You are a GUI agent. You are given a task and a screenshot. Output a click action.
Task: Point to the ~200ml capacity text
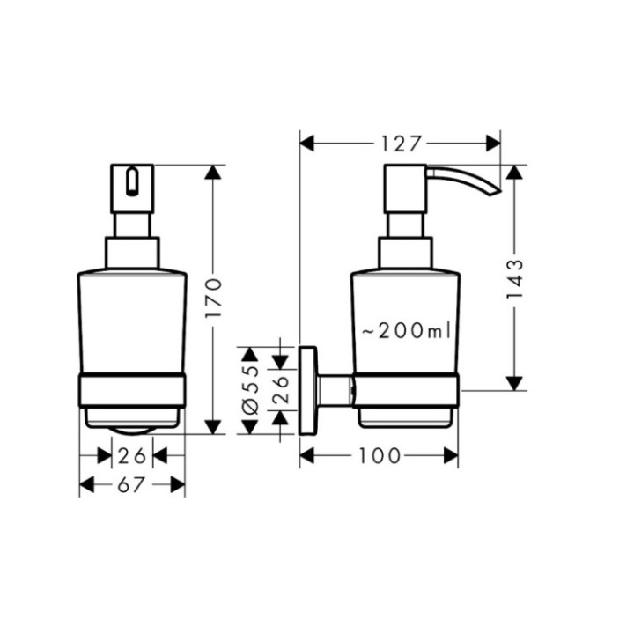(405, 330)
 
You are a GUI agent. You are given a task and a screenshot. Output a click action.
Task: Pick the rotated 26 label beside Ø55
(280, 388)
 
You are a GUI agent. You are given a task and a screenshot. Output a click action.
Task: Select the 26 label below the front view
(132, 455)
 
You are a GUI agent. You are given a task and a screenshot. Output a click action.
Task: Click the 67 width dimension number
(132, 483)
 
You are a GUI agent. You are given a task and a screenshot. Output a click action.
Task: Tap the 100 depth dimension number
(380, 455)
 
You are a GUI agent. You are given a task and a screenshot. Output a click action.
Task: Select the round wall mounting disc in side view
(308, 388)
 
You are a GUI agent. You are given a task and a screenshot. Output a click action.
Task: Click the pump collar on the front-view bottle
(132, 251)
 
